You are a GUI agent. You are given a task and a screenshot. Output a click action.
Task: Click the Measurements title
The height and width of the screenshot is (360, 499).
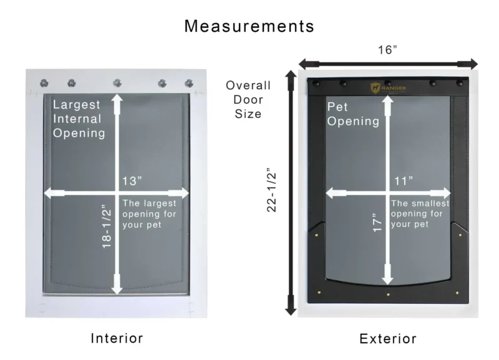(249, 26)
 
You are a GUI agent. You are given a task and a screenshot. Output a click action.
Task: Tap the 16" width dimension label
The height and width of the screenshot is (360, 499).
(387, 51)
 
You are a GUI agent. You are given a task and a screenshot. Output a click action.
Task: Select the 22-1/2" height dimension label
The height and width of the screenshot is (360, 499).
(273, 190)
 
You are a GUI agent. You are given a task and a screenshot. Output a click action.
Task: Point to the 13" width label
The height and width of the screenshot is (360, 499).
(132, 181)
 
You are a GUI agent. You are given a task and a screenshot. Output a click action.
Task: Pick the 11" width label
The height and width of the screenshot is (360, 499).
(404, 181)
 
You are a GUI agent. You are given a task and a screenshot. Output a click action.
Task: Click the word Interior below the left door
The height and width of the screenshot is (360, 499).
(117, 338)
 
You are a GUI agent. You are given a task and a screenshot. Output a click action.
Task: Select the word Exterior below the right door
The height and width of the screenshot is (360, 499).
(387, 339)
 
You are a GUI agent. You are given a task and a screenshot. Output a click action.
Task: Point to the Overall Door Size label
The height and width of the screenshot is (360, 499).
(248, 100)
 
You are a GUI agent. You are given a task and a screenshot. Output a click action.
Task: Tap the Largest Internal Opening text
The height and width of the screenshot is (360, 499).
(78, 119)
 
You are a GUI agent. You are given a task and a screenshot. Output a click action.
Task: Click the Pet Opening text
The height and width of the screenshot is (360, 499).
(353, 114)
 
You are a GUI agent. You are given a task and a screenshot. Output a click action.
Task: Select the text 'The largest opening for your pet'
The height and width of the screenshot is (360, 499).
(149, 213)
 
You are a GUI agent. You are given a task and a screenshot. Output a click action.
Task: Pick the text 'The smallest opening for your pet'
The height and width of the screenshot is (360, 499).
(417, 213)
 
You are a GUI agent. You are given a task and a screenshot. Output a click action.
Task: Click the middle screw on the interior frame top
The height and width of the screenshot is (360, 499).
(117, 82)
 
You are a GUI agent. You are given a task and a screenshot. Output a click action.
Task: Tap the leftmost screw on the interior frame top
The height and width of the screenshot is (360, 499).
(44, 82)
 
